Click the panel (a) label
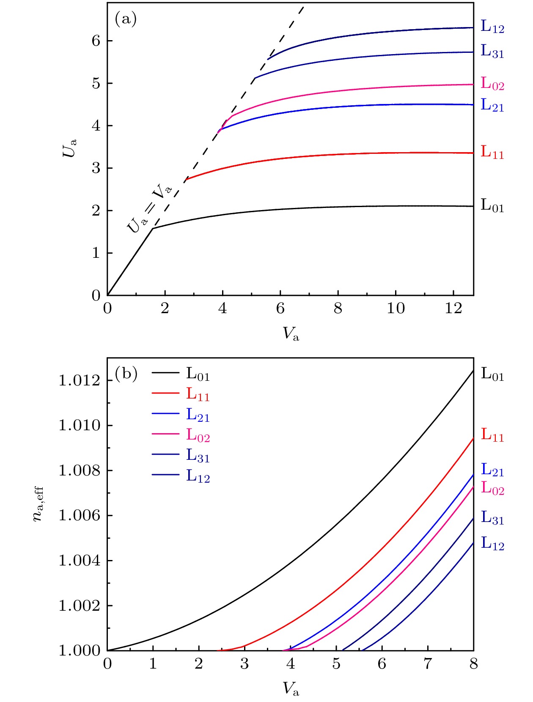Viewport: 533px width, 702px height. (x=126, y=19)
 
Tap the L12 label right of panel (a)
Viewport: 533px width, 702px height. (x=492, y=27)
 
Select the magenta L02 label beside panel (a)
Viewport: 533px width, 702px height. (x=492, y=84)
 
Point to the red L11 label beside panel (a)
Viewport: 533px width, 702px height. (x=492, y=152)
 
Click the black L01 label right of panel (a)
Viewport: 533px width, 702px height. (x=492, y=206)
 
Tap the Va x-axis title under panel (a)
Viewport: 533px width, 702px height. (x=291, y=334)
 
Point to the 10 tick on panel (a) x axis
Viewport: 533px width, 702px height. (x=396, y=309)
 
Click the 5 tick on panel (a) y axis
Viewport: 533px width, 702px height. (x=96, y=84)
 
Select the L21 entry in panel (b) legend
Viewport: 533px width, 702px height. (x=198, y=415)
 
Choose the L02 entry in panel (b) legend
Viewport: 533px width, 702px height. (x=198, y=435)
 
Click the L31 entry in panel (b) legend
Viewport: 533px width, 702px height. (x=198, y=456)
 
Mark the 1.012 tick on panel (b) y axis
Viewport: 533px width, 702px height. (x=80, y=381)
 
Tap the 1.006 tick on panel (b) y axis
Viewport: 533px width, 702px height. (x=80, y=516)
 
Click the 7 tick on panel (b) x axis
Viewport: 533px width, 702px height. (x=428, y=664)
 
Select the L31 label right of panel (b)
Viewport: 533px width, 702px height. (x=492, y=518)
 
